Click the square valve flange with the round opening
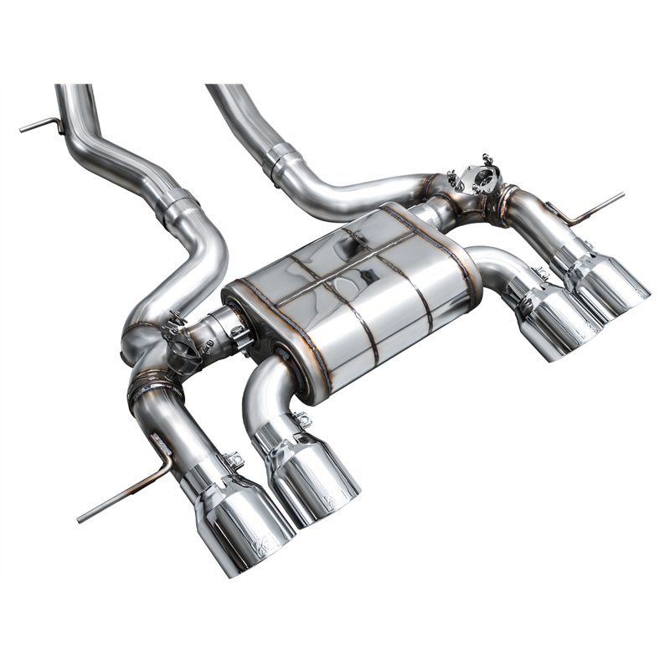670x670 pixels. pyautogui.click(x=484, y=177)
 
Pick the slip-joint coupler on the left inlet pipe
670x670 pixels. pyautogui.click(x=178, y=204)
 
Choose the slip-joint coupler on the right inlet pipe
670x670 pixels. pyautogui.click(x=283, y=158)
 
